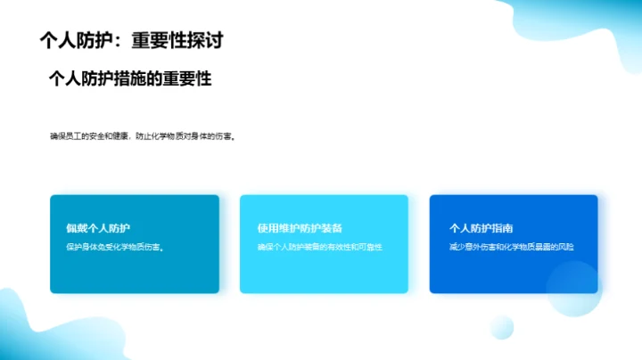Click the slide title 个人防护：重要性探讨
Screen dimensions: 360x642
coord(131,40)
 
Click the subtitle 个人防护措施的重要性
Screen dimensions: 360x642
coord(130,79)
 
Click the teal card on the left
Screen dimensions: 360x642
coord(134,272)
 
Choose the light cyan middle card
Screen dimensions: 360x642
coord(324,272)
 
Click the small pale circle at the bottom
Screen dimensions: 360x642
coord(502,326)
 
